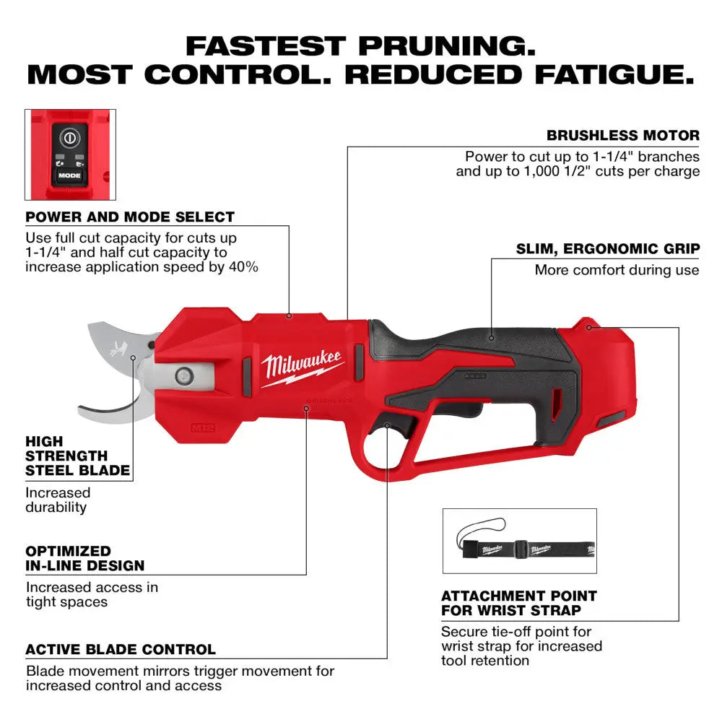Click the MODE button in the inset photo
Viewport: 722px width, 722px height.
70,175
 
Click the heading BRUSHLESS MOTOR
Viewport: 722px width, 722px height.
623,135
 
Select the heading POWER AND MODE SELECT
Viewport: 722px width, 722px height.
130,217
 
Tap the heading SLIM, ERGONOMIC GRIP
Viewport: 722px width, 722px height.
607,248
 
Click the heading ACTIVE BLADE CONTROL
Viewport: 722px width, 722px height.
121,649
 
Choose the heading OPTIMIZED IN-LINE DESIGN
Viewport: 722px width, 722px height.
85,558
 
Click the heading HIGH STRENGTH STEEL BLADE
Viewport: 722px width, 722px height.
77,456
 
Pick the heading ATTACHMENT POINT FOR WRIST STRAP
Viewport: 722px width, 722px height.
519,603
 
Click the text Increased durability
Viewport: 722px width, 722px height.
58,500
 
